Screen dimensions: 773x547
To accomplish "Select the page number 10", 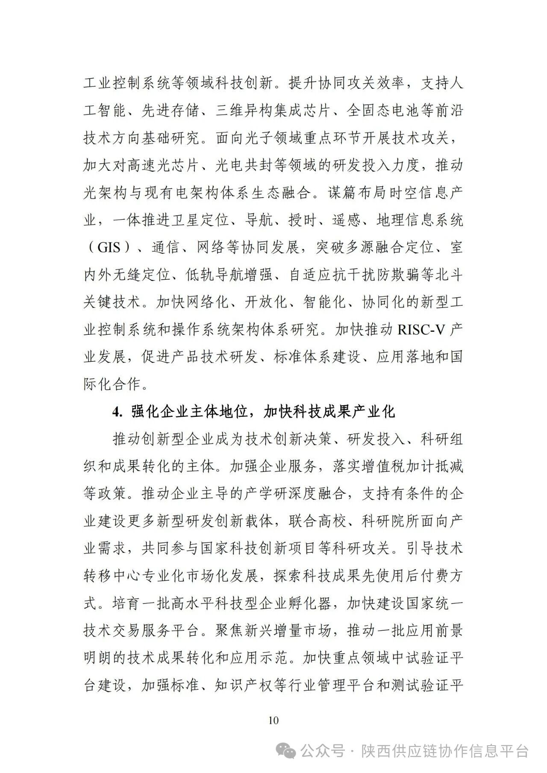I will tap(273, 720).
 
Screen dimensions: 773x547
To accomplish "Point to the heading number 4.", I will tap(117, 412).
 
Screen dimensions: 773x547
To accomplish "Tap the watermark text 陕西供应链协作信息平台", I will tap(444, 750).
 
